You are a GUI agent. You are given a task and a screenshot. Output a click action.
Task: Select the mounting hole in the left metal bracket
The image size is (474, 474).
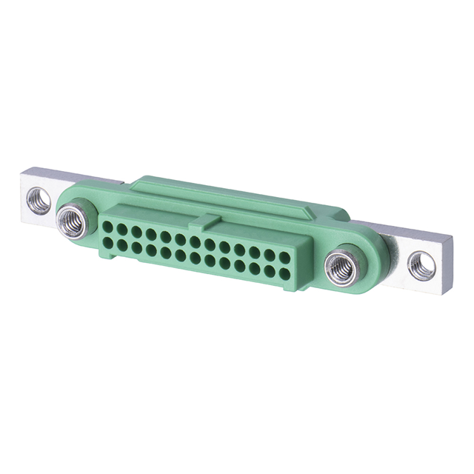pos(39,199)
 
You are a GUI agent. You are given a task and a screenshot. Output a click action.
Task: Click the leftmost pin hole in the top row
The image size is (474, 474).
pos(109,227)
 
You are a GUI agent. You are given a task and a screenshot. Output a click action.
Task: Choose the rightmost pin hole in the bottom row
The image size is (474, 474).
pos(284,274)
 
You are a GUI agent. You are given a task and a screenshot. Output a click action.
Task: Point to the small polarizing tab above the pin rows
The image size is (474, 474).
pos(210,221)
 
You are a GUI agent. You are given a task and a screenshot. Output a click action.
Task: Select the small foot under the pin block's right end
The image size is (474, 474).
pos(284,288)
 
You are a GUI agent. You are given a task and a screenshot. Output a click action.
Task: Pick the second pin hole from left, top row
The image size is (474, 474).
pos(123,229)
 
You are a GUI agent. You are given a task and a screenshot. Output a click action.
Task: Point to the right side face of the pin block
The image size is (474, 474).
pos(298,267)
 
